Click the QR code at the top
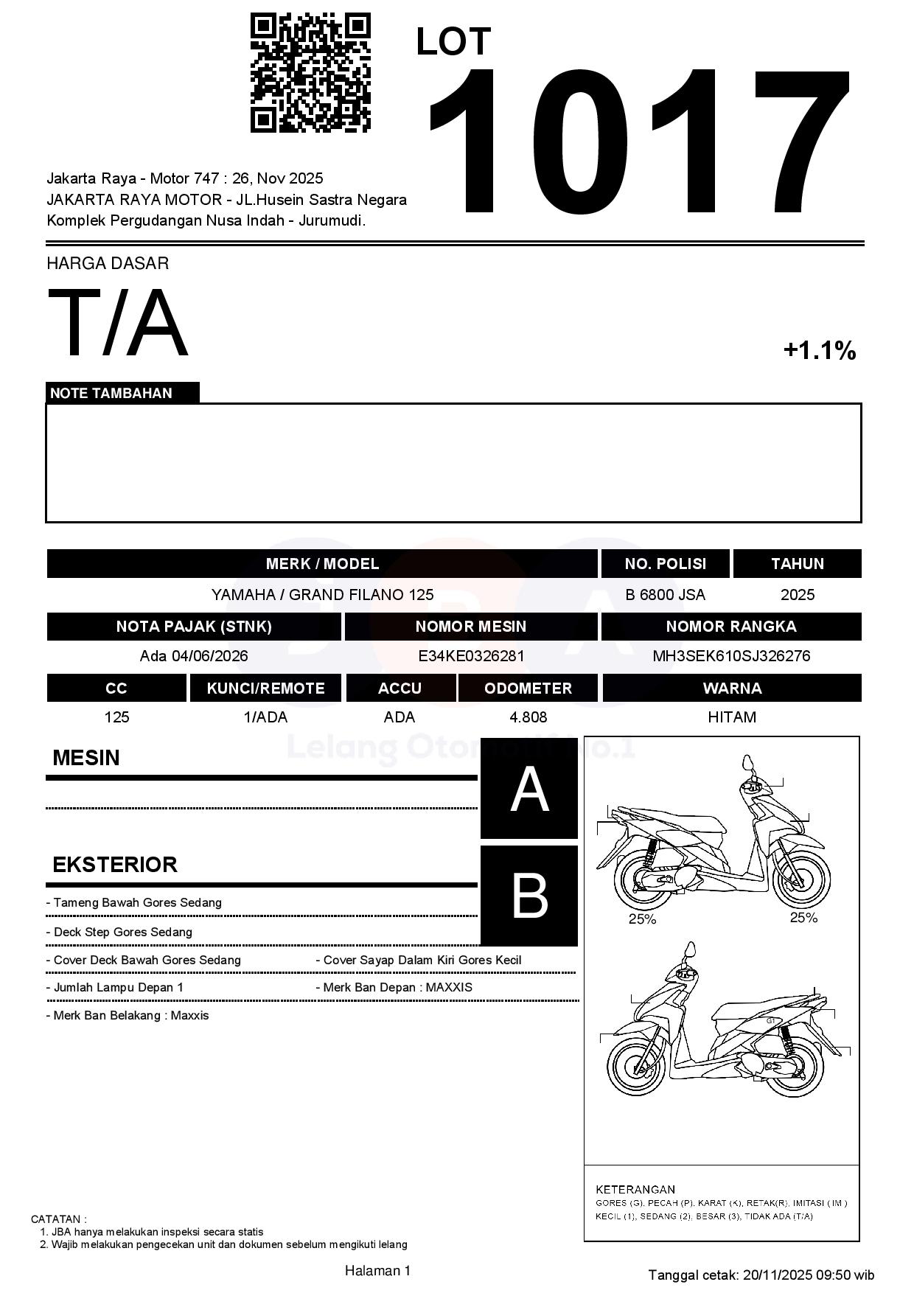coord(310,72)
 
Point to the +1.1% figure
coord(820,350)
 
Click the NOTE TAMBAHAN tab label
coord(111,393)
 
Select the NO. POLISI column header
coord(665,564)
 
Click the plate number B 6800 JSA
coord(665,595)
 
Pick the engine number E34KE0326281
coord(471,656)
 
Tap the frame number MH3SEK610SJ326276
coord(731,656)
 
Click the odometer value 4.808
coord(528,717)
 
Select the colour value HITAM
coord(731,717)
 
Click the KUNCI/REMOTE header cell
coord(265,689)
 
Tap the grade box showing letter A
coord(529,790)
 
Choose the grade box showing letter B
coord(529,896)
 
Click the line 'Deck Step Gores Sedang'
coord(122,932)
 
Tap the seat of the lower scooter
coord(759,1011)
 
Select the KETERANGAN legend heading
coord(635,1189)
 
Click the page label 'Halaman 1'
coord(377,1270)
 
